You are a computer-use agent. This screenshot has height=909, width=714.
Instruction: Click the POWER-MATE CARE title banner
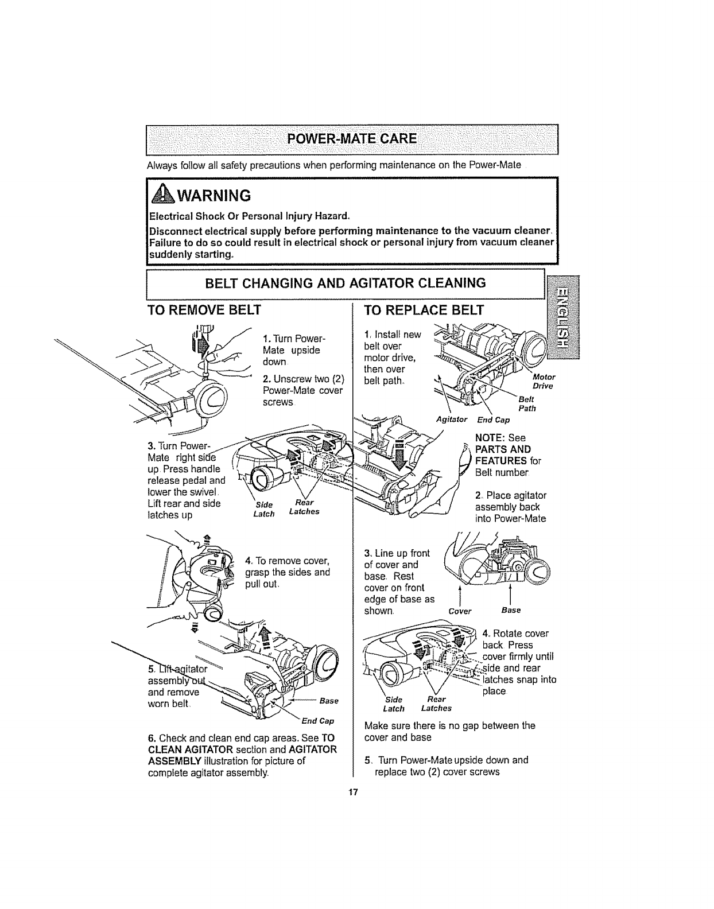tap(352, 139)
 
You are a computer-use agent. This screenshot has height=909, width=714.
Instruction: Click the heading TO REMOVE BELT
tap(204, 310)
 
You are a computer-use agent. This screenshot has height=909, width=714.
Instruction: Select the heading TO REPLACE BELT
tap(425, 310)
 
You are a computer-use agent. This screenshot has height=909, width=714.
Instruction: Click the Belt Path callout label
tap(526, 403)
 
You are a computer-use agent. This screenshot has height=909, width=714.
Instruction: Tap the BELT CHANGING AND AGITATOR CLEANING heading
tap(346, 283)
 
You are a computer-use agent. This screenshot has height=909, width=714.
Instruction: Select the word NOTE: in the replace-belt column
tap(490, 437)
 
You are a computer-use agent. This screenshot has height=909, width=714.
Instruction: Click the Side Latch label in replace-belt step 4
tap(394, 704)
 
